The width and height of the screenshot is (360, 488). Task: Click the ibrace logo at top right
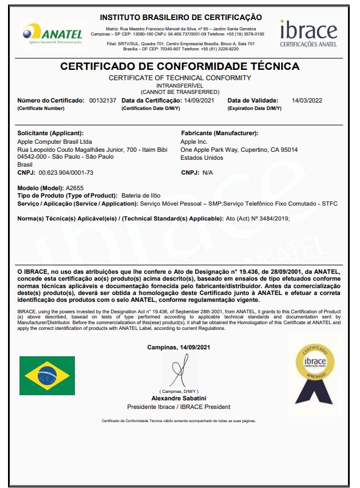coord(308,33)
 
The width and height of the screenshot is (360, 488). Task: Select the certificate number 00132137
coord(102,100)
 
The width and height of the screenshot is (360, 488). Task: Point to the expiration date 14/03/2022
coord(307,100)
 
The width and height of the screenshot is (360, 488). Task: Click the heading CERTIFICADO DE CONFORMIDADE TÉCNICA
coord(180,66)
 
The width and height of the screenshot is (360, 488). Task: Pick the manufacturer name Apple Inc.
coord(193,141)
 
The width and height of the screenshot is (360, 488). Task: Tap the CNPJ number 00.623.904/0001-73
coord(66,172)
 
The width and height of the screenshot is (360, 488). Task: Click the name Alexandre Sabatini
coord(179,398)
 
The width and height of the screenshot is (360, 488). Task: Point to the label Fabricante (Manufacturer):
coord(219,133)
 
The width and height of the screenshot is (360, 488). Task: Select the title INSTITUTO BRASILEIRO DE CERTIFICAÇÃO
coord(180,18)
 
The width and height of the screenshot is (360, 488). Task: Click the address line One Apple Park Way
coord(239,149)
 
